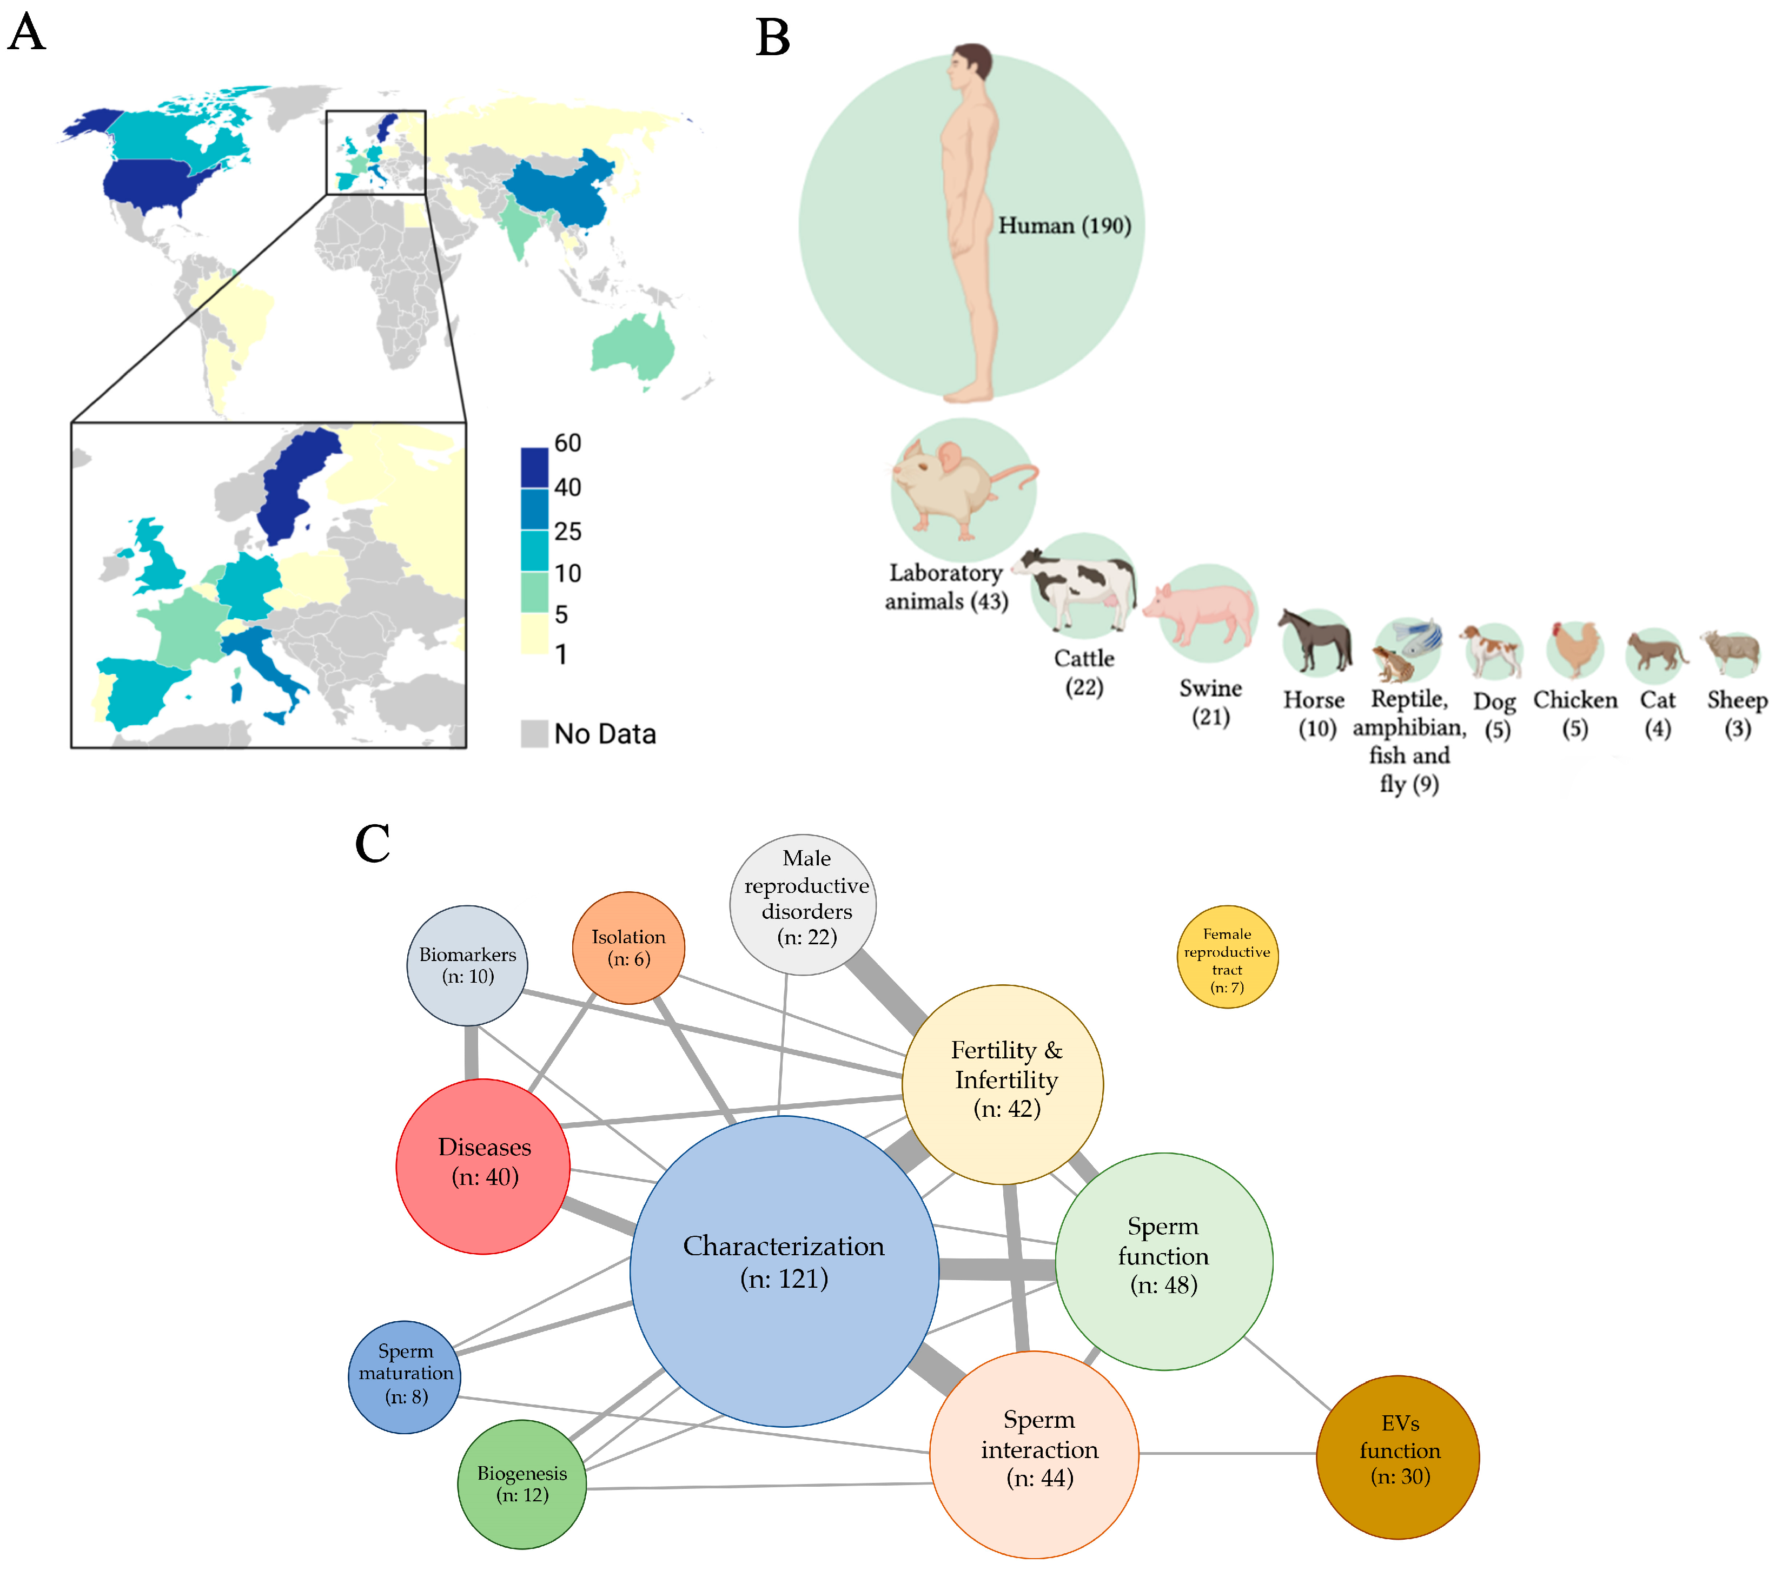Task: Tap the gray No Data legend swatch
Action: tap(534, 733)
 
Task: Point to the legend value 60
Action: tap(568, 443)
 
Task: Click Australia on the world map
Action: tap(634, 347)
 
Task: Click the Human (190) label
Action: tap(1064, 226)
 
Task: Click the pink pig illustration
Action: tap(1203, 612)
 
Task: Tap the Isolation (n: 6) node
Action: tap(628, 948)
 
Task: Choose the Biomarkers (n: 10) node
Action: tap(467, 965)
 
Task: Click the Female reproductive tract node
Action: tap(1226, 957)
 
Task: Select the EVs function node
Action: tap(1398, 1456)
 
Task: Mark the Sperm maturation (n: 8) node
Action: tap(405, 1376)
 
